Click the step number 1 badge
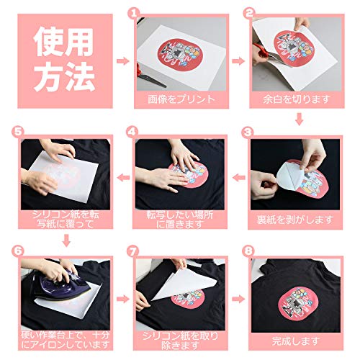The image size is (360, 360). coord(132,13)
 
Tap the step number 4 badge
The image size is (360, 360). coord(132,132)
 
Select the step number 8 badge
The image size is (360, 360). coord(248,251)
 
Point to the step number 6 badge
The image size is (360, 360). coord(17,251)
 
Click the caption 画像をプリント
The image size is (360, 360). coord(181,99)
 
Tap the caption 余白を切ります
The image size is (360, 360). coord(297,99)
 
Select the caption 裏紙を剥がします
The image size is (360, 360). coord(295,220)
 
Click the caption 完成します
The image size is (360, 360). coord(296,341)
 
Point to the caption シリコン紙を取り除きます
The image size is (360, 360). coord(180,341)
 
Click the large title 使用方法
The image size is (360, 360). coord(64,60)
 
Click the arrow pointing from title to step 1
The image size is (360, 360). coord(123,61)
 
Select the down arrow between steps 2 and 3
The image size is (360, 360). coord(299,119)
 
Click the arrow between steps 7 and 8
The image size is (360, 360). coord(238,299)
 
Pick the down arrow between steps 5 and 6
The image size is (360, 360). coord(66,240)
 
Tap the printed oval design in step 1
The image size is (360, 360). coord(180,54)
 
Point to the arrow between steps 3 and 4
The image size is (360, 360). coord(239,178)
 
